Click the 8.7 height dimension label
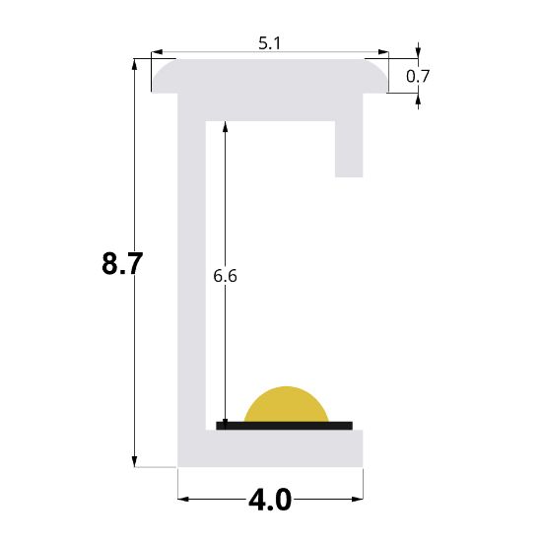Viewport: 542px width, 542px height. point(123,264)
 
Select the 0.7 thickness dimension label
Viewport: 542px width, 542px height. point(418,75)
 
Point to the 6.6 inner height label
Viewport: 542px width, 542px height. point(225,276)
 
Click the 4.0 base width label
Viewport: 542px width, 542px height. point(270,501)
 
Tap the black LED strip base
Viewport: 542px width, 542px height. point(284,426)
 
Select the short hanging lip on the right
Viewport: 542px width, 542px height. point(349,148)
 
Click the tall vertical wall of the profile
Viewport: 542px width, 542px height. point(190,276)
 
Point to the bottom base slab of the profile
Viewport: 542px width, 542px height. point(271,448)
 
